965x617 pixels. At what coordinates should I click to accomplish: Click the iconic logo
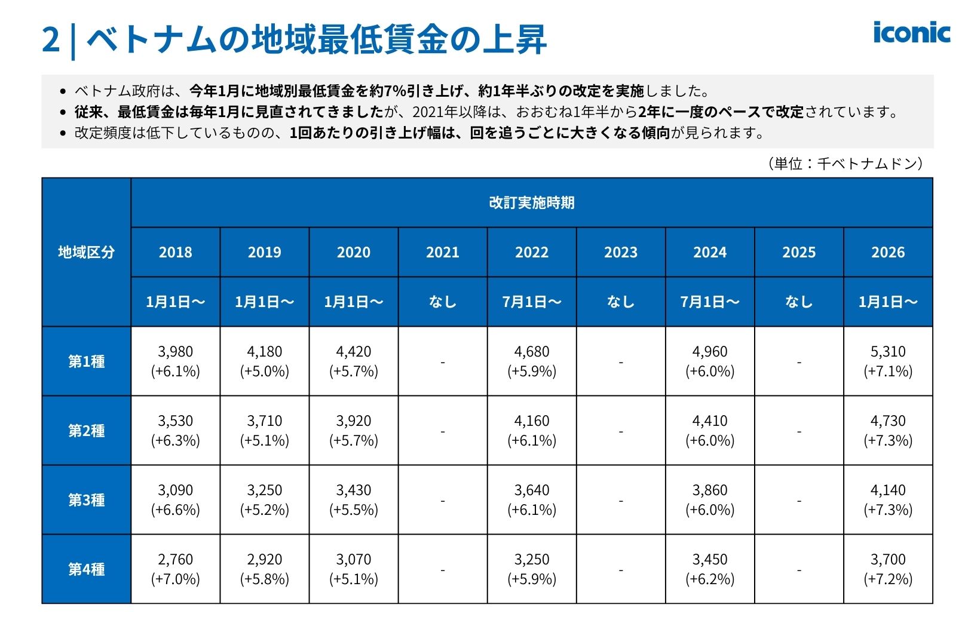(x=911, y=33)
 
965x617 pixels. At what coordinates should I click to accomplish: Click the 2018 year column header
(x=175, y=252)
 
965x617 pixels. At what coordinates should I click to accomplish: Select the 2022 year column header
(x=531, y=252)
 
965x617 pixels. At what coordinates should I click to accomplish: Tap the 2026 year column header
(x=887, y=252)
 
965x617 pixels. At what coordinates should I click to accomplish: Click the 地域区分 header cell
(x=86, y=252)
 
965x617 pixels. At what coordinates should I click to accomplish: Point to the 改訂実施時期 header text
(x=531, y=202)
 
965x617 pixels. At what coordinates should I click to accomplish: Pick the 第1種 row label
(x=86, y=361)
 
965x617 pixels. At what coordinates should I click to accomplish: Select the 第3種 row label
(x=86, y=500)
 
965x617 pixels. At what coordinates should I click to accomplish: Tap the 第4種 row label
(x=86, y=569)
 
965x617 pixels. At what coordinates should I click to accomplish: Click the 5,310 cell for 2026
(x=887, y=361)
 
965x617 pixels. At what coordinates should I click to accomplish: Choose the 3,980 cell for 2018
(x=175, y=361)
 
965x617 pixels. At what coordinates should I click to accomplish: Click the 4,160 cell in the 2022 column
(x=531, y=430)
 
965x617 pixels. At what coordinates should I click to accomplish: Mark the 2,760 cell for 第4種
(x=175, y=569)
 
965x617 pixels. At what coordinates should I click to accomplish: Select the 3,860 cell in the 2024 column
(x=709, y=499)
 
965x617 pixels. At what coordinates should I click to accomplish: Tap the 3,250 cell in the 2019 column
(x=264, y=499)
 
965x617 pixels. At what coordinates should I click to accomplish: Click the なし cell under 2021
(x=442, y=302)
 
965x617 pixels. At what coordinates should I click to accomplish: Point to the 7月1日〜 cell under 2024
(x=709, y=302)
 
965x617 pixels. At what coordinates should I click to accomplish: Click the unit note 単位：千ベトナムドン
(x=845, y=164)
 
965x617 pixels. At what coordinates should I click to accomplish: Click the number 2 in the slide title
(x=51, y=39)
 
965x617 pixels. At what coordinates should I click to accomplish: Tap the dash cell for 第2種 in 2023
(x=620, y=431)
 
